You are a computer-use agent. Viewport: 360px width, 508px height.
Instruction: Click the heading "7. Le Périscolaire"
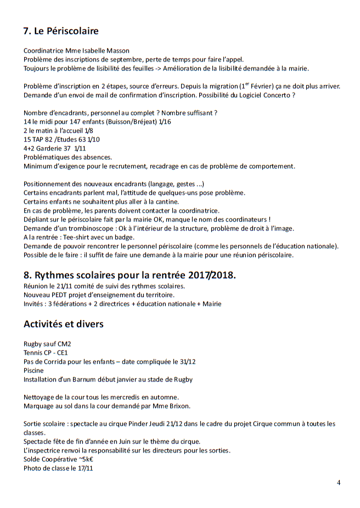61,31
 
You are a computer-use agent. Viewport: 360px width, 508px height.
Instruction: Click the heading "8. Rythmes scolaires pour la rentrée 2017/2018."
130,275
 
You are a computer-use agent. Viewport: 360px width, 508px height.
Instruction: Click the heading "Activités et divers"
64,324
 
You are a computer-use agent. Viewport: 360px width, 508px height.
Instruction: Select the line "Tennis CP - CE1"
46,353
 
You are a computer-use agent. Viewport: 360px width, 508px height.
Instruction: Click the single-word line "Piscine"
33,370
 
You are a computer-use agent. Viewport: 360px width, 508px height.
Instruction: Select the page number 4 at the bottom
338,483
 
